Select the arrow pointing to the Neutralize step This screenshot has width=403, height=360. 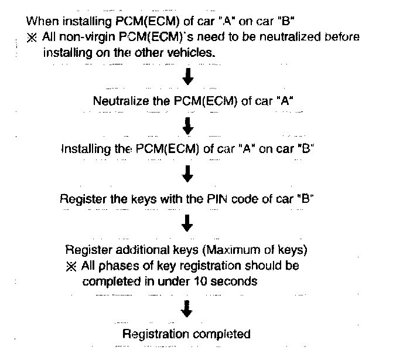(x=187, y=77)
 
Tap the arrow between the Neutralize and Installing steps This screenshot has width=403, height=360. (x=187, y=125)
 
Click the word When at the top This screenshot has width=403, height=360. (x=40, y=21)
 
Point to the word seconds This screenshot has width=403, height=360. (x=235, y=281)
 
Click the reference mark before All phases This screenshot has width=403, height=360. (x=72, y=266)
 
